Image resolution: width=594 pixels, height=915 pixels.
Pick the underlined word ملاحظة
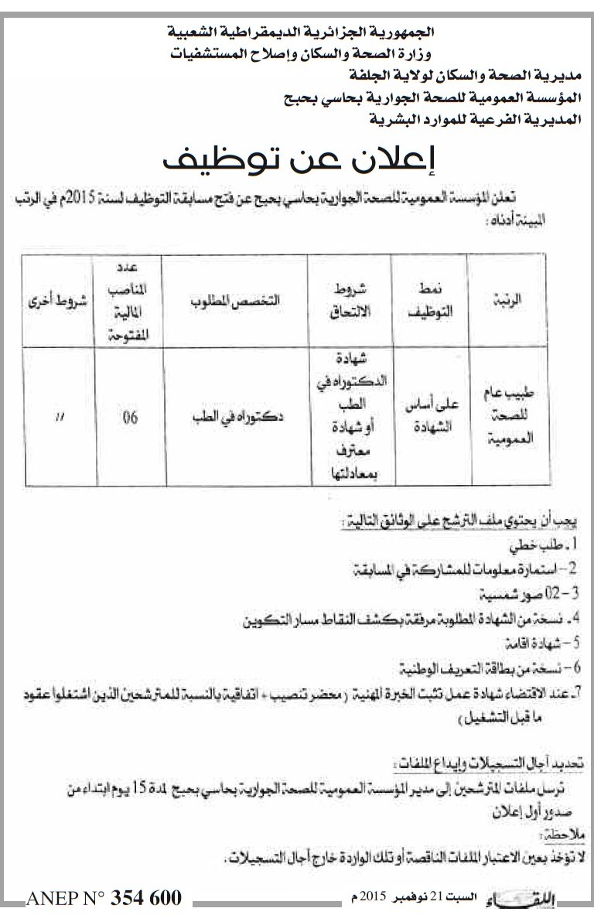tap(567, 837)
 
